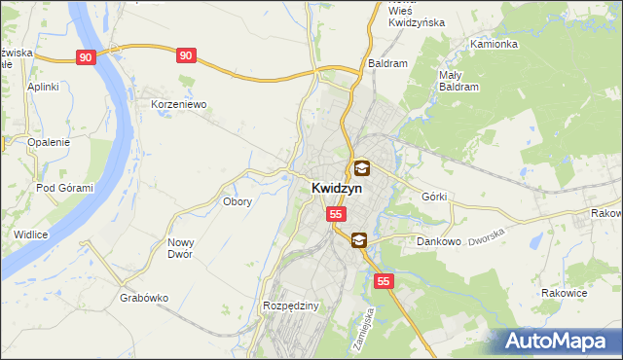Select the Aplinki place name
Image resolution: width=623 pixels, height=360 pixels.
click(44, 87)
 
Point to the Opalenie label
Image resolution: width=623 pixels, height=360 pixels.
click(49, 142)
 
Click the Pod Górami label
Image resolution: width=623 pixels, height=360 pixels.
click(64, 188)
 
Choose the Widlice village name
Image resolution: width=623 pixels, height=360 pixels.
click(31, 234)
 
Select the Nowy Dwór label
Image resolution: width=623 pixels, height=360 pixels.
click(180, 248)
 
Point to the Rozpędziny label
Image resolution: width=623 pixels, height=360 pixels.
click(291, 306)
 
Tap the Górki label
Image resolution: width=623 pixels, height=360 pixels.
click(434, 197)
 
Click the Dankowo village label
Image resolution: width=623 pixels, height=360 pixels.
click(438, 240)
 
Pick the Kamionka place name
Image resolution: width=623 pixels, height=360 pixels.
click(494, 45)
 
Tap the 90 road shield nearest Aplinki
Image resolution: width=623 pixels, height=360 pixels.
click(87, 57)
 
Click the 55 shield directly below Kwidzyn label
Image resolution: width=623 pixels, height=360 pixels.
click(336, 213)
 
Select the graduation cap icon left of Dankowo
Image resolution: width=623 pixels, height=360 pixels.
click(358, 239)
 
